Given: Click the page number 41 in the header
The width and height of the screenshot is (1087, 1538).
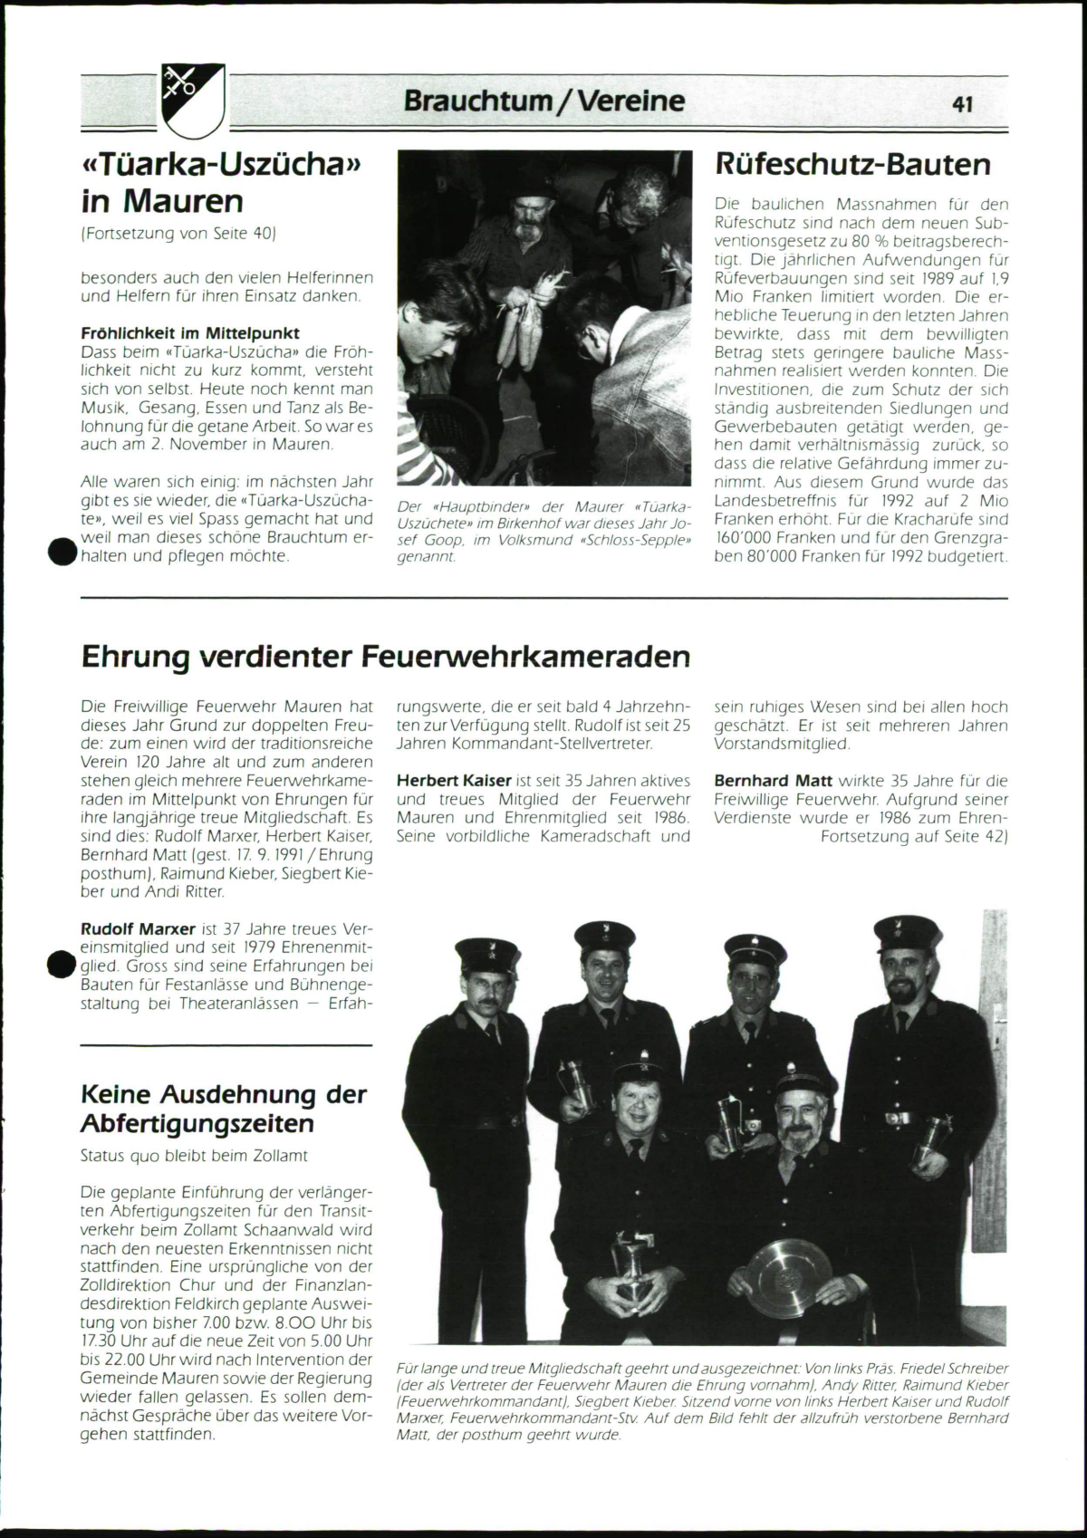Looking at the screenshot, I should coord(962,104).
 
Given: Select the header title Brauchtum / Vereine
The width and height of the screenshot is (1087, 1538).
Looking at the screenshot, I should coord(544,100).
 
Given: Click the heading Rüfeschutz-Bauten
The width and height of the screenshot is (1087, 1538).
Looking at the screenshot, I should coord(852,164).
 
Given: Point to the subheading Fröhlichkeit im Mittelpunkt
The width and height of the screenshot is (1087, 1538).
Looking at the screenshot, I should coord(190,332).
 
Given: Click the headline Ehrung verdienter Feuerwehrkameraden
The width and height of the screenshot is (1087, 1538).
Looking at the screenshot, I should coord(386,656).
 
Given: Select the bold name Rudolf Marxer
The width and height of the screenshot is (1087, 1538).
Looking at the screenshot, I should coord(139,928).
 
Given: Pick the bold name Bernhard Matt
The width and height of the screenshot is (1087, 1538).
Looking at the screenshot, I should coord(773,780).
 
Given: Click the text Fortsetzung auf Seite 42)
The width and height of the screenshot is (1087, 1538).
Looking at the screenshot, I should coord(914,836).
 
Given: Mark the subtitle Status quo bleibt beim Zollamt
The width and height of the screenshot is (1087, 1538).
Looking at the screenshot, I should coord(194,1156).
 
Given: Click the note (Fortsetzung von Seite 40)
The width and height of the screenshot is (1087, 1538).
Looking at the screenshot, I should coord(178,233).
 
